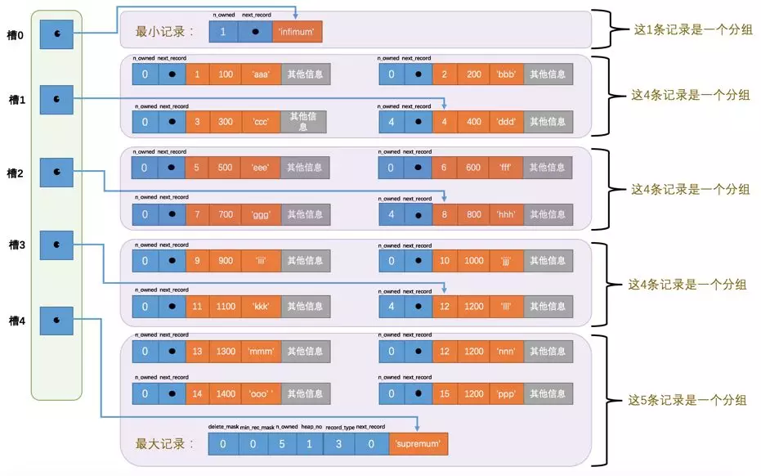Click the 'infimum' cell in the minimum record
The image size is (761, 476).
[297, 32]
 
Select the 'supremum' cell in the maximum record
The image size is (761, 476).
[418, 444]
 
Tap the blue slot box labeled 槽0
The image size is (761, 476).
[56, 34]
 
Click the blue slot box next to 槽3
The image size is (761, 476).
[56, 245]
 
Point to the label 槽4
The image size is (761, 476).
[16, 321]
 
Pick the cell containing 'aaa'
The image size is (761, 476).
[260, 74]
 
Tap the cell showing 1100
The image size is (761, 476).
[226, 308]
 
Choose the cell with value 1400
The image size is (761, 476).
[226, 393]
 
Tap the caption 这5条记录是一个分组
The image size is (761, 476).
[687, 400]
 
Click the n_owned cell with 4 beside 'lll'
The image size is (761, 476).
[391, 308]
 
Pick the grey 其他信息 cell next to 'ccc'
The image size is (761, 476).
[303, 121]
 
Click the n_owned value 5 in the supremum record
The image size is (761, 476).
[281, 444]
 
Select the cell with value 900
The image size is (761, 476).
[226, 261]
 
